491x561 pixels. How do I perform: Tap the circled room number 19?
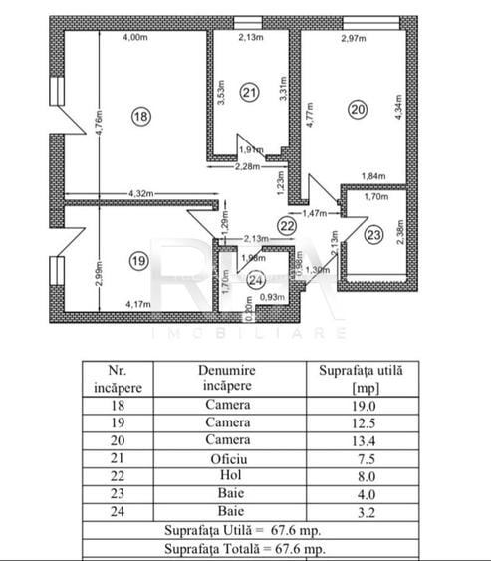click(x=138, y=261)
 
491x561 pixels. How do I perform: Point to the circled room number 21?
click(x=250, y=93)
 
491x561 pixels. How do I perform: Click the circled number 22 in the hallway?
click(x=286, y=226)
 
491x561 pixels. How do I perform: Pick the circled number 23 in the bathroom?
click(x=371, y=236)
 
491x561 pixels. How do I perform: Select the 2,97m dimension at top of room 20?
click(x=355, y=39)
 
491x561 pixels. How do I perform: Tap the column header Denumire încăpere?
click(x=228, y=377)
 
